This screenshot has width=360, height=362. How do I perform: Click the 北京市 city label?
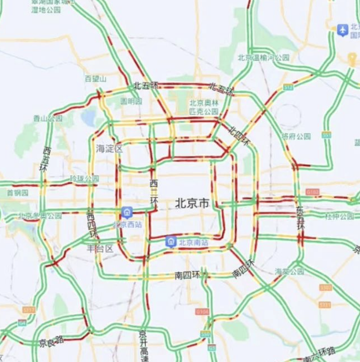coord(192,204)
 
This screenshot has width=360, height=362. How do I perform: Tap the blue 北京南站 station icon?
coord(171,242)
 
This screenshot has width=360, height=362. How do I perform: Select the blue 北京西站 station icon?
coord(127,212)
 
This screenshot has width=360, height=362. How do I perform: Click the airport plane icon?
coord(343,30)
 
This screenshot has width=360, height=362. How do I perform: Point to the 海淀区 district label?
coord(109,149)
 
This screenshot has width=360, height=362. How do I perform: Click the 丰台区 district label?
coord(100,248)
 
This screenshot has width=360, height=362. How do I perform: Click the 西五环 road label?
coord(46,159)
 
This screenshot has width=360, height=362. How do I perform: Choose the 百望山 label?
coord(95,79)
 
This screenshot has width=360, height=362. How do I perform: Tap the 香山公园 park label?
coord(48,118)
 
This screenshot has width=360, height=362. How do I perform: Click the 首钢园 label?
coord(17,193)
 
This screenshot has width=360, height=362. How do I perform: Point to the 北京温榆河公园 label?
coord(263,58)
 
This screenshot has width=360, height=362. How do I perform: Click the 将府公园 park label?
coord(296,136)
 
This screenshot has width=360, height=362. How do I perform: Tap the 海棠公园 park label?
coord(289,271)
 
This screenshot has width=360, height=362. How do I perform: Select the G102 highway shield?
coord(312,192)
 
